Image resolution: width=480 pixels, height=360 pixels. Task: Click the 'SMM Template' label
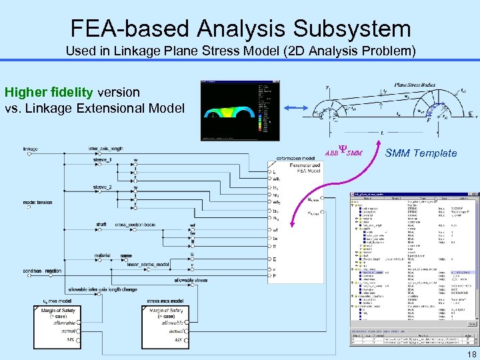click(421, 153)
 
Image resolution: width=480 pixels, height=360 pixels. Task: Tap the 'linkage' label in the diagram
click(30, 149)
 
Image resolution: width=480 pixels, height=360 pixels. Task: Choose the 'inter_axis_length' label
click(105, 149)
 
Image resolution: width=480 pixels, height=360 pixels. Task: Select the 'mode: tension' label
click(37, 202)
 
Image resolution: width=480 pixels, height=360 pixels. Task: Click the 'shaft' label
click(101, 225)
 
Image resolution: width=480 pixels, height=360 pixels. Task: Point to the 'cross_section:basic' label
click(135, 225)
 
